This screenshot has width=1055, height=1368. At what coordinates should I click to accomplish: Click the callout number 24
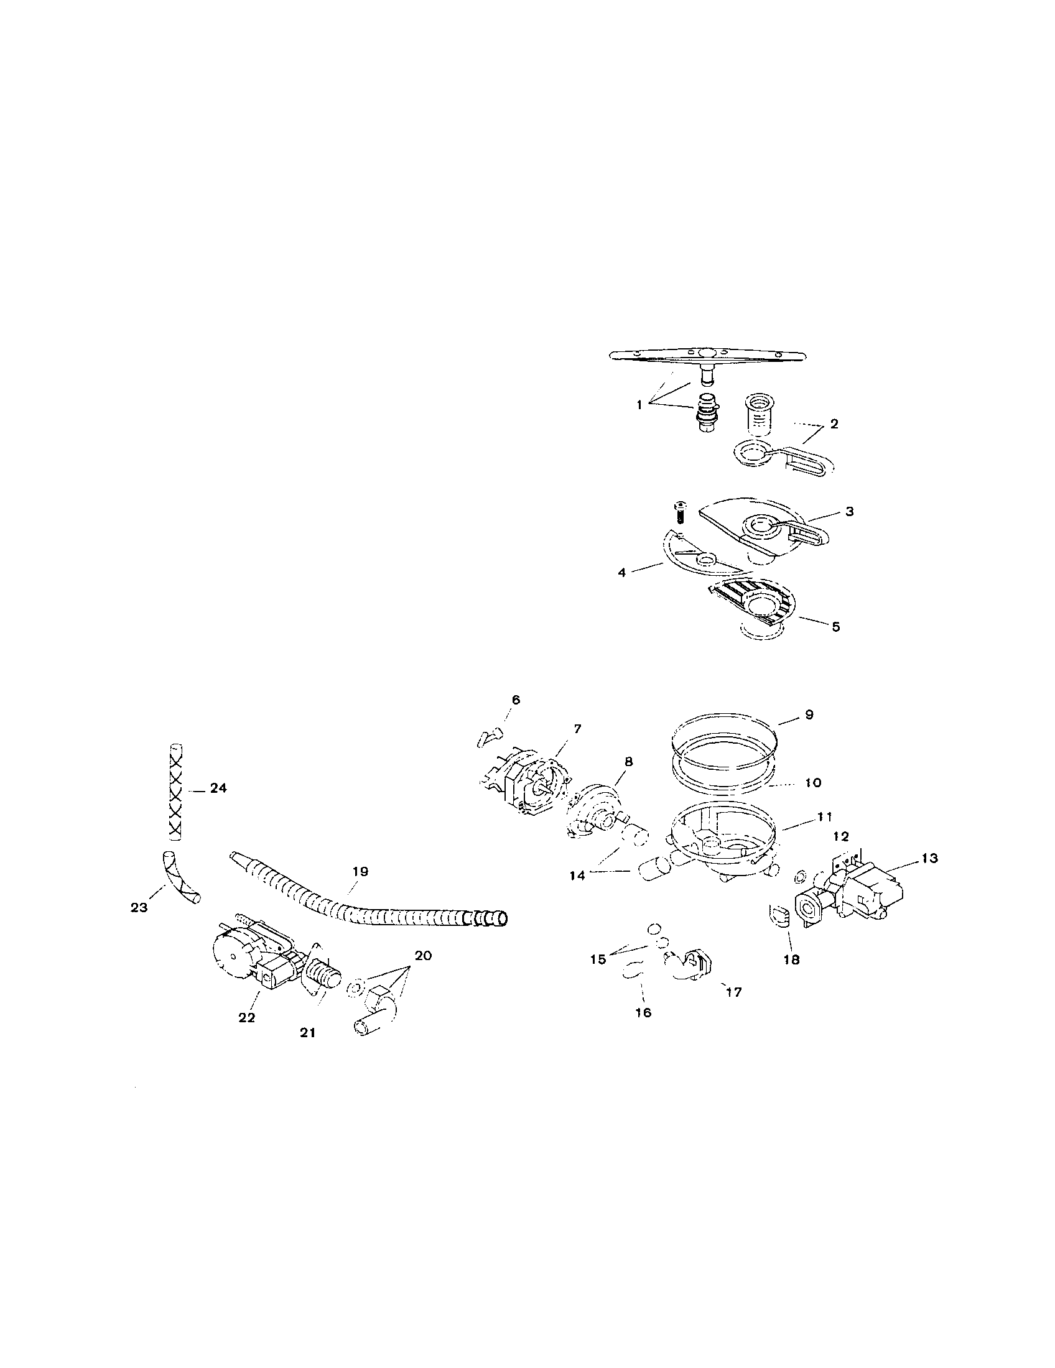pyautogui.click(x=218, y=788)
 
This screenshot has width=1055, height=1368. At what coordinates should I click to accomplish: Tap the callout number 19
pyautogui.click(x=360, y=871)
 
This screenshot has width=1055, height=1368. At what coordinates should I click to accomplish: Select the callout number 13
pyautogui.click(x=930, y=858)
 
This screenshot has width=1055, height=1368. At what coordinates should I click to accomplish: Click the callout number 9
pyautogui.click(x=809, y=714)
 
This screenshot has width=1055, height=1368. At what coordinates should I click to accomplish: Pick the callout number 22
pyautogui.click(x=247, y=1017)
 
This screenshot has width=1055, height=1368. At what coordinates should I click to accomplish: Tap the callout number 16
pyautogui.click(x=643, y=1012)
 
